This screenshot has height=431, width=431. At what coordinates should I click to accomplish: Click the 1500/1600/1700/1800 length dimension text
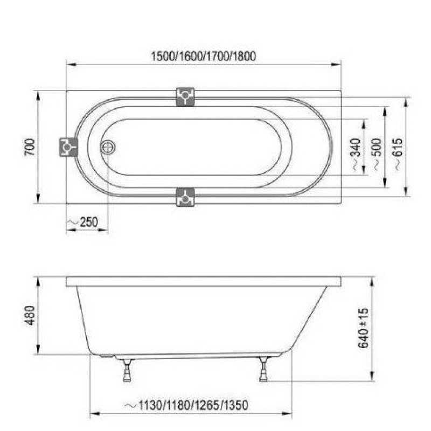204,56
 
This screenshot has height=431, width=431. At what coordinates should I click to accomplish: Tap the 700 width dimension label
30,147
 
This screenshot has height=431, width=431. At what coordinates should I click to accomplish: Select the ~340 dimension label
356,154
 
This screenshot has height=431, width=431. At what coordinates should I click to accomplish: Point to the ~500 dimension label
377,154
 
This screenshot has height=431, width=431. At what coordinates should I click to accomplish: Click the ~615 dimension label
398,154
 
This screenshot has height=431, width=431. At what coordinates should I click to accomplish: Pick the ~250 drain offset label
83,222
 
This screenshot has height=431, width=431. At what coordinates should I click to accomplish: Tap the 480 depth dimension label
30,315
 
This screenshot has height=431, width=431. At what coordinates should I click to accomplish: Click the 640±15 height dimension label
363,328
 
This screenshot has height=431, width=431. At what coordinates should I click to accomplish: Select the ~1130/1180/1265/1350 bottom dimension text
186,405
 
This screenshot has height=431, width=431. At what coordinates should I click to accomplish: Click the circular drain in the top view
107,147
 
